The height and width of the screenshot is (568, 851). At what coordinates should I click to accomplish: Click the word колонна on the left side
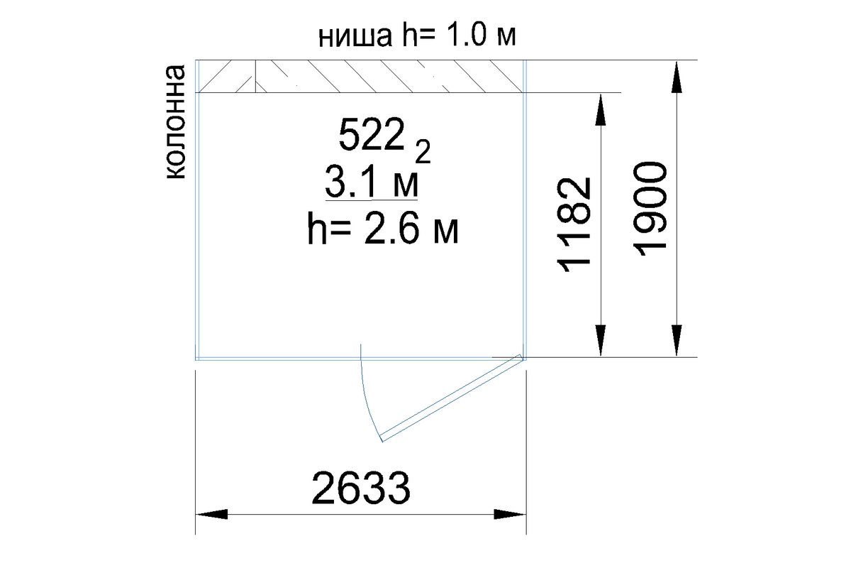click(175, 122)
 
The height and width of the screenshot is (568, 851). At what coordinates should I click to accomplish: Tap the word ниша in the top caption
click(355, 37)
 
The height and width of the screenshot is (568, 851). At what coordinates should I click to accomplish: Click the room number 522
click(371, 134)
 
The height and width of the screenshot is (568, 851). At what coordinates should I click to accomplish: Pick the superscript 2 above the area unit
click(423, 151)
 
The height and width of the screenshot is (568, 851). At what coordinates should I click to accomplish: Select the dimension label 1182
click(574, 225)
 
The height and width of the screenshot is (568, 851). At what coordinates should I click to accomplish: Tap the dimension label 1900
click(650, 209)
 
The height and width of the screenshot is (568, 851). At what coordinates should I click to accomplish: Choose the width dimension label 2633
click(361, 487)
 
